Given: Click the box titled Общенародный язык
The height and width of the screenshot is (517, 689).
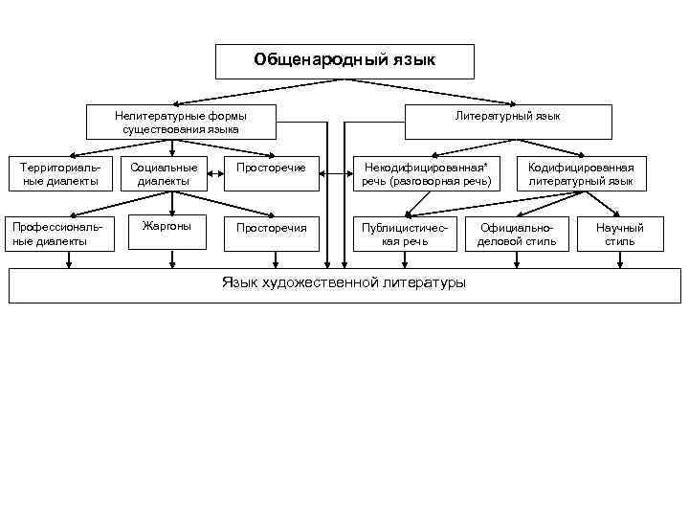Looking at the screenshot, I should [344, 60].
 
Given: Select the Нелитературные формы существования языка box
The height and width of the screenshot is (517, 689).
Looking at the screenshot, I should [181, 122].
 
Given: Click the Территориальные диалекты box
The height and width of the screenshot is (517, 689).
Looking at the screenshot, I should [59, 174].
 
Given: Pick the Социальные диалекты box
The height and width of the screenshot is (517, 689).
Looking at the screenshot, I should [165, 174].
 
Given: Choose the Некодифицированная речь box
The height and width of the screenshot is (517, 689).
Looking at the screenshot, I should [426, 174].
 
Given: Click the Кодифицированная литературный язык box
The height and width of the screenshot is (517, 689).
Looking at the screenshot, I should [581, 174].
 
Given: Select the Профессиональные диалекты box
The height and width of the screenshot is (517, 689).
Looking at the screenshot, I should [59, 234].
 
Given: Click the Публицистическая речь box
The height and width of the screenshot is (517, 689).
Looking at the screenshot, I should [404, 234].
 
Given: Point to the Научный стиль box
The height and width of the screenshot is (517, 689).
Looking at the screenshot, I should [620, 234].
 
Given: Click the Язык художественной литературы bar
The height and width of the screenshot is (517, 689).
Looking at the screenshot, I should [344, 284].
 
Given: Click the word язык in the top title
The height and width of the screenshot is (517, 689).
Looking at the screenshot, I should [413, 60].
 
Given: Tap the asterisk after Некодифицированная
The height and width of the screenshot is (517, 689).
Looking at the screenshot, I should [485, 166].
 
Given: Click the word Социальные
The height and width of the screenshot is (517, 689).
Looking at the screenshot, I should [165, 168].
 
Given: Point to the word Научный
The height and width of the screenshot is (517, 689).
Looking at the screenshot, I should [620, 228].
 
